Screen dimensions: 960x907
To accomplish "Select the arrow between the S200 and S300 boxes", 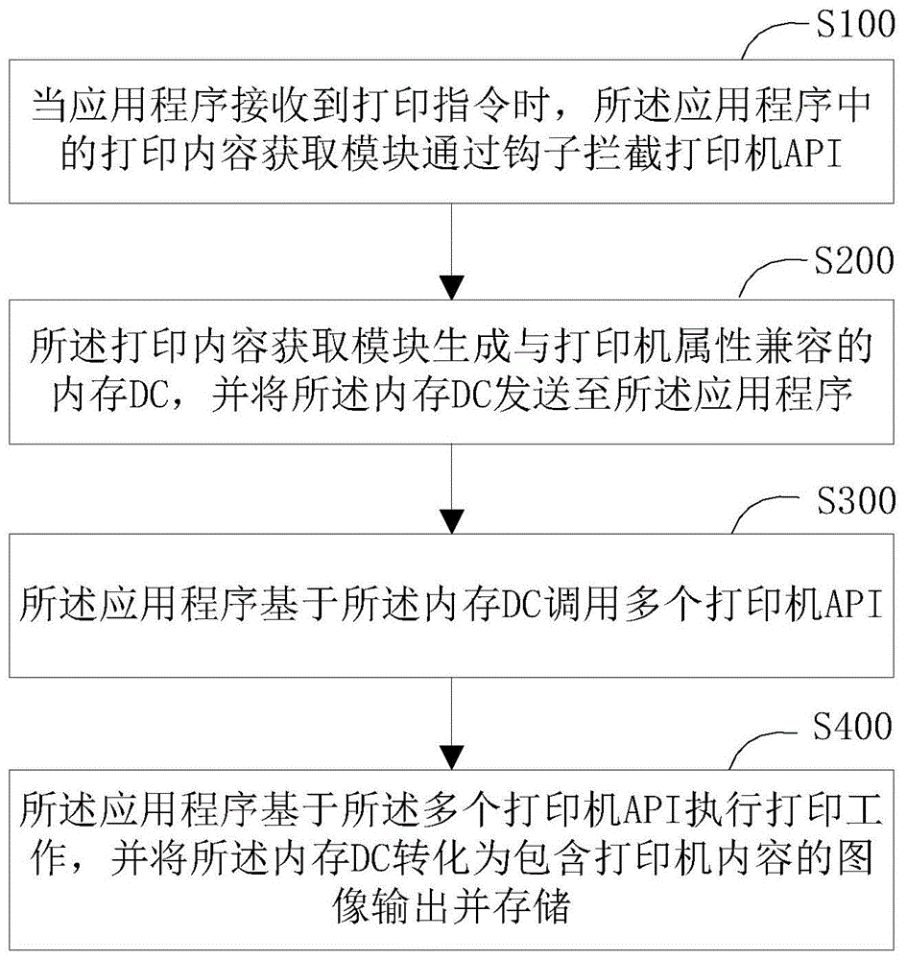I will tap(452, 490).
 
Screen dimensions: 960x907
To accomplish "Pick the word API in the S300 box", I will tap(848, 607).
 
